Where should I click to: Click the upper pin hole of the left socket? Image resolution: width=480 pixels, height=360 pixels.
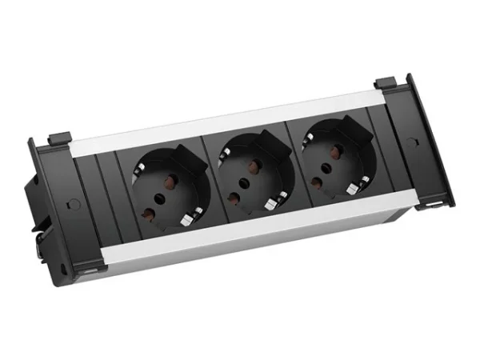pos(170,180)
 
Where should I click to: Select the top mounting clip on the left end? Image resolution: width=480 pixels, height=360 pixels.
pos(58,138)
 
